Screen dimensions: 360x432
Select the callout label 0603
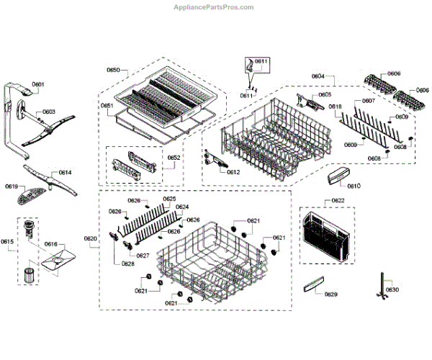point(48,112)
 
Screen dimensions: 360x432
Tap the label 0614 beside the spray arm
point(66,173)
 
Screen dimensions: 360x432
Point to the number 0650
point(113,70)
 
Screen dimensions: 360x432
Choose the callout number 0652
point(175,157)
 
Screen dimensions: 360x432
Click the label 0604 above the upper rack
point(318,76)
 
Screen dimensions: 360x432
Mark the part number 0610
point(354,186)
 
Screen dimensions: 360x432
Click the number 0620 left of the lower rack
point(90,239)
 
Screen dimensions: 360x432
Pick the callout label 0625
point(169,199)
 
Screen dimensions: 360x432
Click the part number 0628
point(127,264)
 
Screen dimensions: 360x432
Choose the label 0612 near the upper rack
point(233,172)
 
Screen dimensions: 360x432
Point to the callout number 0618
point(336,107)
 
